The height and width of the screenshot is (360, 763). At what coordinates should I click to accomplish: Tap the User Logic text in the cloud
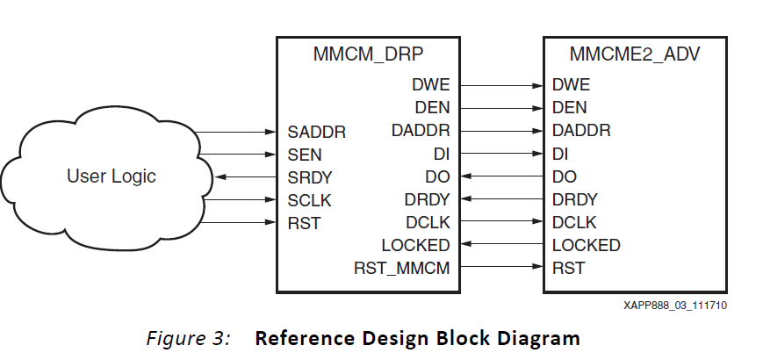[x=111, y=176]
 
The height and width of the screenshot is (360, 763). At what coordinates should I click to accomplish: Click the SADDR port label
[x=316, y=133]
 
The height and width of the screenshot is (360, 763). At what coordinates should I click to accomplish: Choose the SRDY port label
[x=309, y=177]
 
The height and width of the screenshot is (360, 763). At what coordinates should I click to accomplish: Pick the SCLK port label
[x=309, y=200]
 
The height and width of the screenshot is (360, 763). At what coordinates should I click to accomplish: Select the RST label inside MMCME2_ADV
[x=568, y=268]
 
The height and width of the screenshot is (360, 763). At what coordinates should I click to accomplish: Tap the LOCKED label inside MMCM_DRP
[x=415, y=245]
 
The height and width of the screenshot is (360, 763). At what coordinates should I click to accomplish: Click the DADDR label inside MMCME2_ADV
[x=581, y=131]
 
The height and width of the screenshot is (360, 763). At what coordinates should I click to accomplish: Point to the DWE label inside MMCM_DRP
[x=430, y=85]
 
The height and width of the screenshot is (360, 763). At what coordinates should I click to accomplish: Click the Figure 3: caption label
[x=188, y=338]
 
